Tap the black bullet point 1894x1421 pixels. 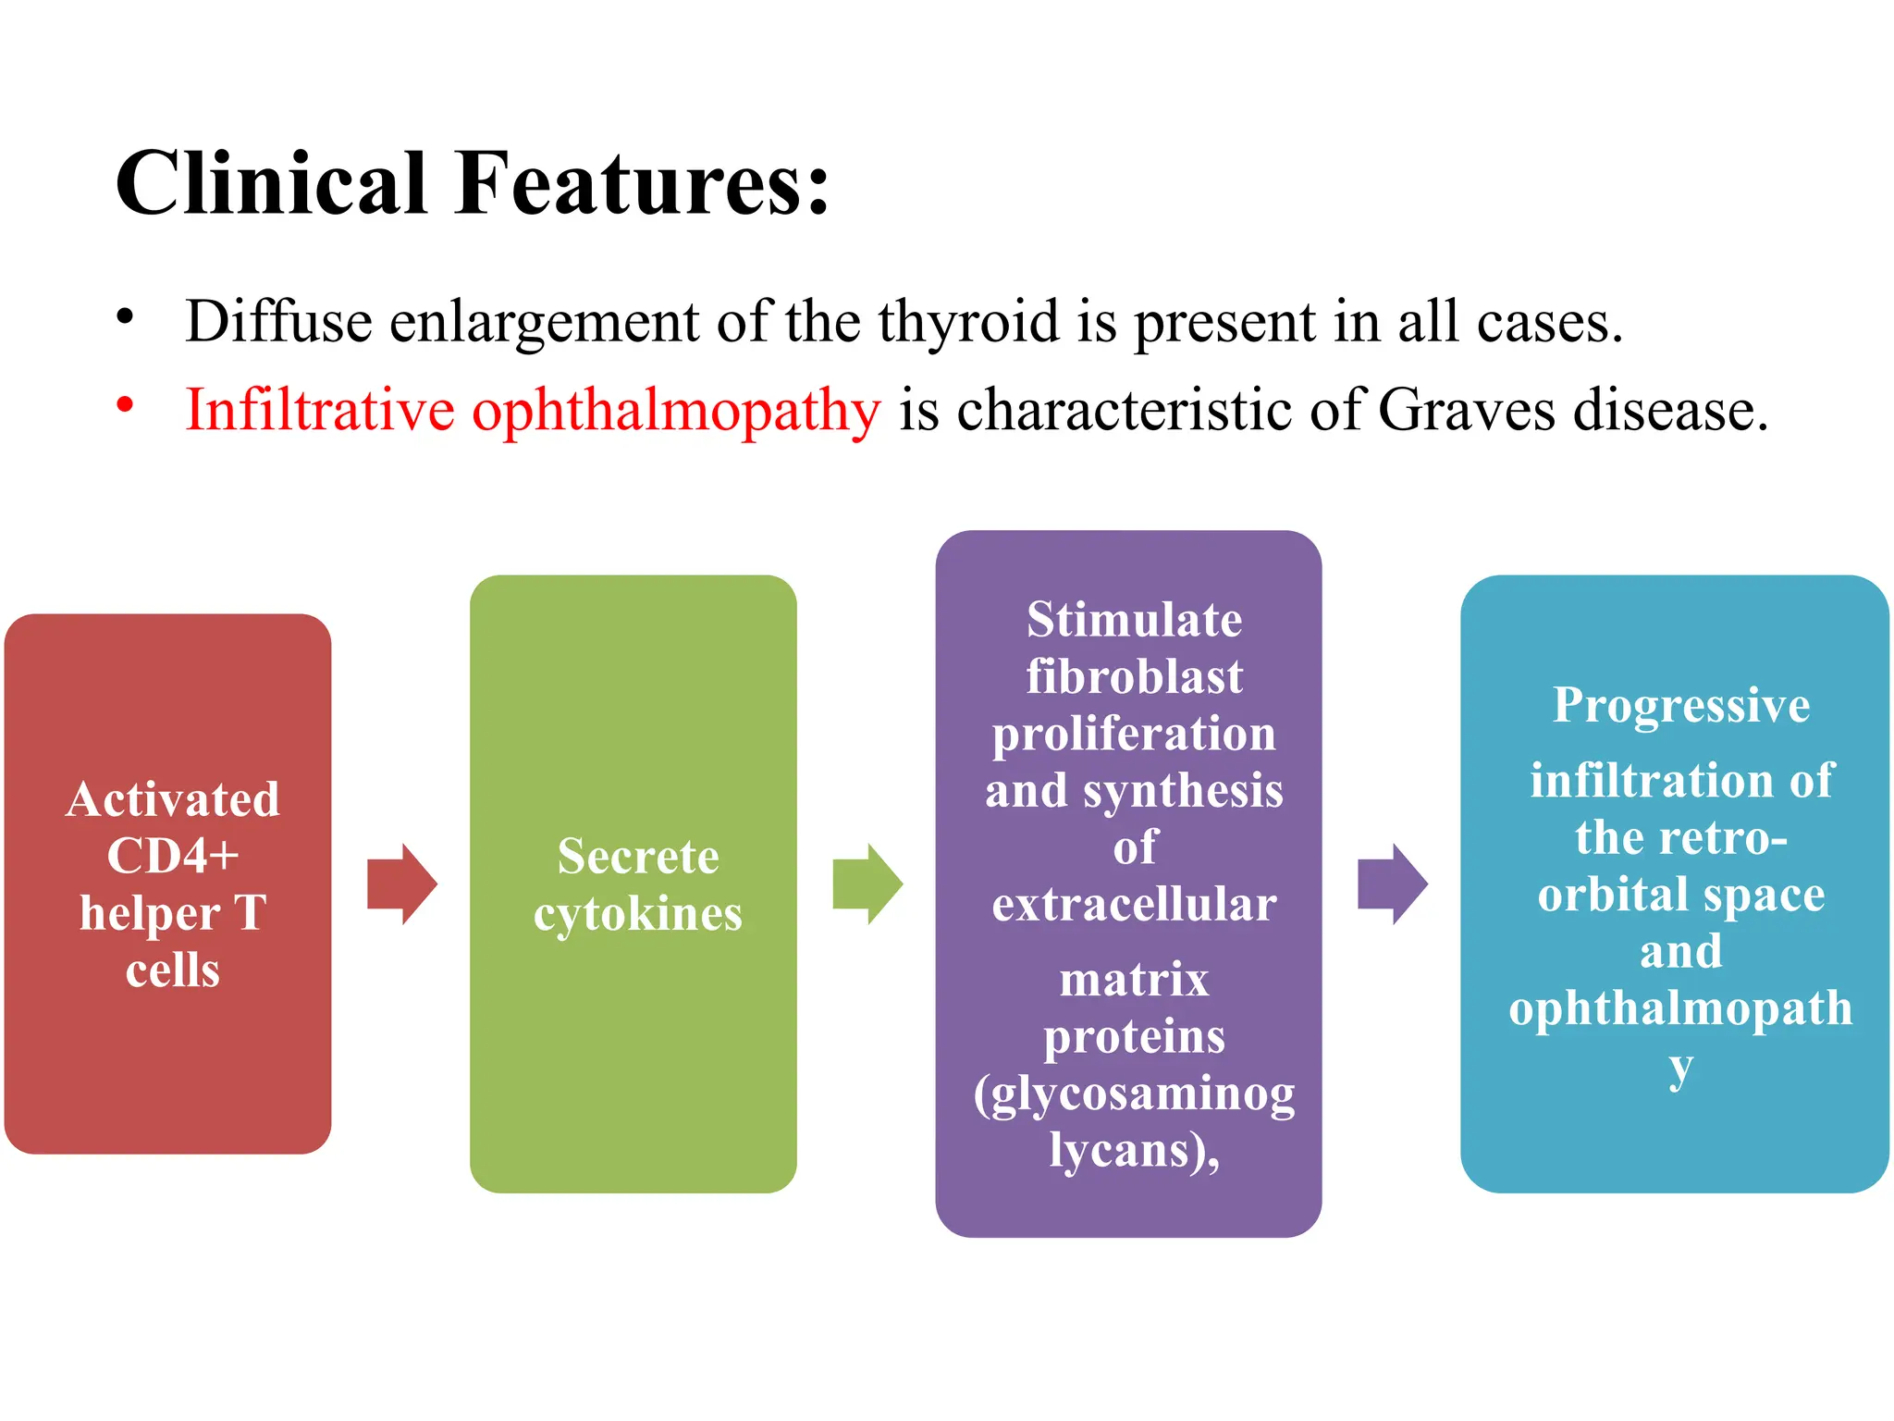[125, 316]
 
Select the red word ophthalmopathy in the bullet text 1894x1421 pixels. [676, 411]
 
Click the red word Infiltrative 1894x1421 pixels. [320, 409]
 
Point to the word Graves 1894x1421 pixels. [1466, 409]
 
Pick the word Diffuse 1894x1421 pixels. [278, 321]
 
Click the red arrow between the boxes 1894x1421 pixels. [401, 883]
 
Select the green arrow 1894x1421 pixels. [867, 883]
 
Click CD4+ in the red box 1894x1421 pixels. [173, 855]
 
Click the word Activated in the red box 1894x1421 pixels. [173, 798]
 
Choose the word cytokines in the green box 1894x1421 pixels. [637, 914]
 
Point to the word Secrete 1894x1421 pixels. [637, 856]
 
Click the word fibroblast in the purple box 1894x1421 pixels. [1134, 676]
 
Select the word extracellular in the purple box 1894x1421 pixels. [1134, 904]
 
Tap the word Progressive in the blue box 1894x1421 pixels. [1680, 706]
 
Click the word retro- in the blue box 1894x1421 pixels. [1726, 838]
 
